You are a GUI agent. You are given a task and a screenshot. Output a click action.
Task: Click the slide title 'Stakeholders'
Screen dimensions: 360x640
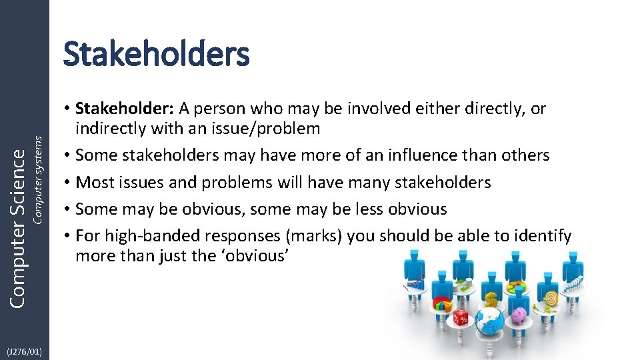tap(156, 54)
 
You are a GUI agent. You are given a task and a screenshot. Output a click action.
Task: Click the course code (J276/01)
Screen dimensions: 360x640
tap(24, 351)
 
